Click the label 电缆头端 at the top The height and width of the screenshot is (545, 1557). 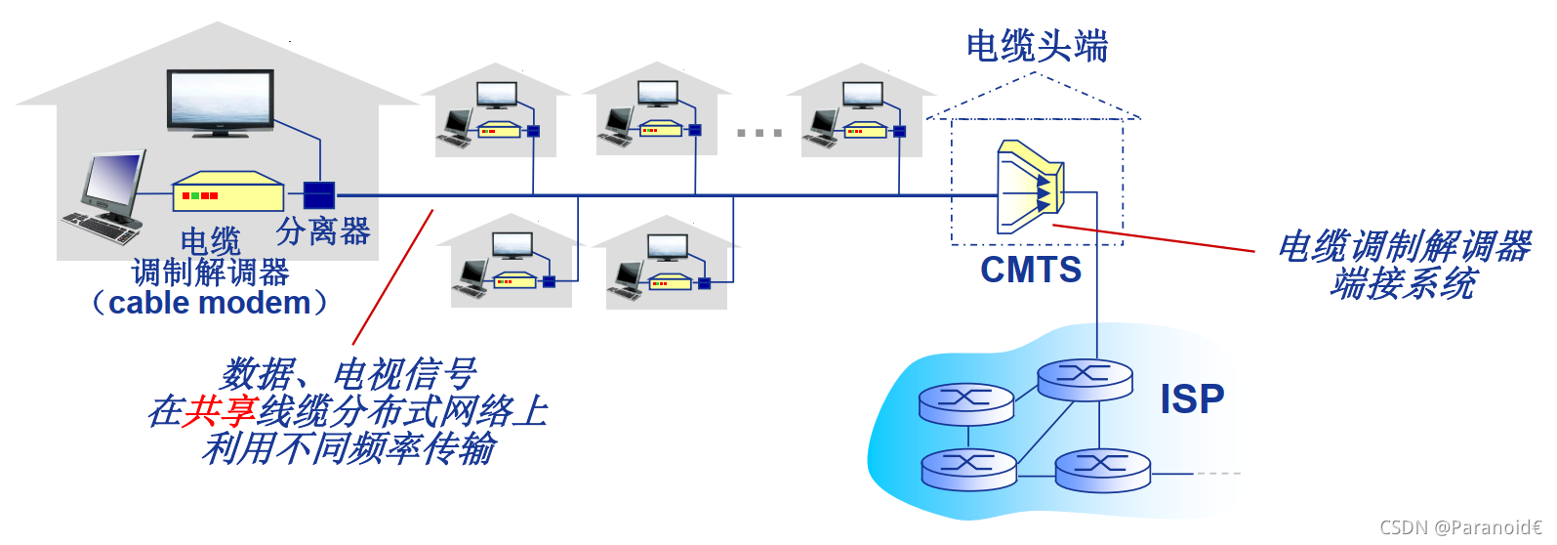click(1037, 46)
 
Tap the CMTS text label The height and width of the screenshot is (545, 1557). click(1031, 270)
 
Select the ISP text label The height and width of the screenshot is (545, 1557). click(1192, 398)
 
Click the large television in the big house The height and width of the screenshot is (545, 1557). click(220, 101)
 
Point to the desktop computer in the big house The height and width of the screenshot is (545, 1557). click(107, 196)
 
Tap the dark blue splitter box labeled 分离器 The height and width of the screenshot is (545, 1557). click(319, 195)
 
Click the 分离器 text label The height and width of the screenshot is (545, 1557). click(323, 231)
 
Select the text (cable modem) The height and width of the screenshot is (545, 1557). click(210, 303)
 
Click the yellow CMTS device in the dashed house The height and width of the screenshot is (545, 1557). click(1029, 187)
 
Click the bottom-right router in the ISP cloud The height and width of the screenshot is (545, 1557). click(1102, 470)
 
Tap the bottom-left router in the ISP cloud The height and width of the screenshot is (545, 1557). click(968, 469)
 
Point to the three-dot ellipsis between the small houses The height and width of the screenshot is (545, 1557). click(758, 133)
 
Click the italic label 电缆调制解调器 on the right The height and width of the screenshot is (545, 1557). click(1404, 246)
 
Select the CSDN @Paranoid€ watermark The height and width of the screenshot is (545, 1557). click(1460, 527)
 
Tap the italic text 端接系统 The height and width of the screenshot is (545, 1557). click(1403, 284)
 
